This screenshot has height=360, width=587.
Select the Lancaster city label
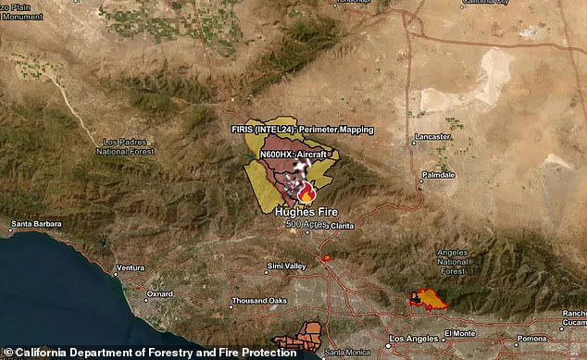point(432,136)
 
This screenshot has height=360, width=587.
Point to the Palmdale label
point(438,174)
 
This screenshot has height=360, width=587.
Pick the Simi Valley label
point(286,267)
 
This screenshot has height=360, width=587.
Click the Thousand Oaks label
point(259,302)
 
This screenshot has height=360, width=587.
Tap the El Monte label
point(459,333)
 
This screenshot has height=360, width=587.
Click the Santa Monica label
point(346,352)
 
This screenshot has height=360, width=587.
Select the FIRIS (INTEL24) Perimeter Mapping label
point(303,130)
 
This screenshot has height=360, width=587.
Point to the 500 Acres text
point(302,225)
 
